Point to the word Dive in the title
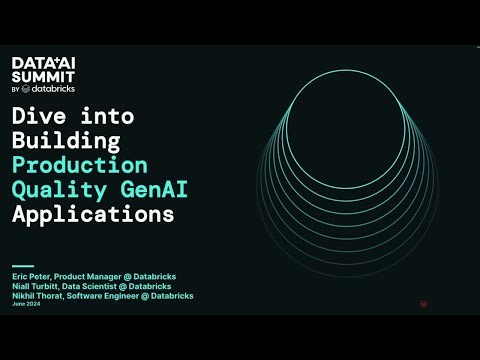click(x=40, y=116)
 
